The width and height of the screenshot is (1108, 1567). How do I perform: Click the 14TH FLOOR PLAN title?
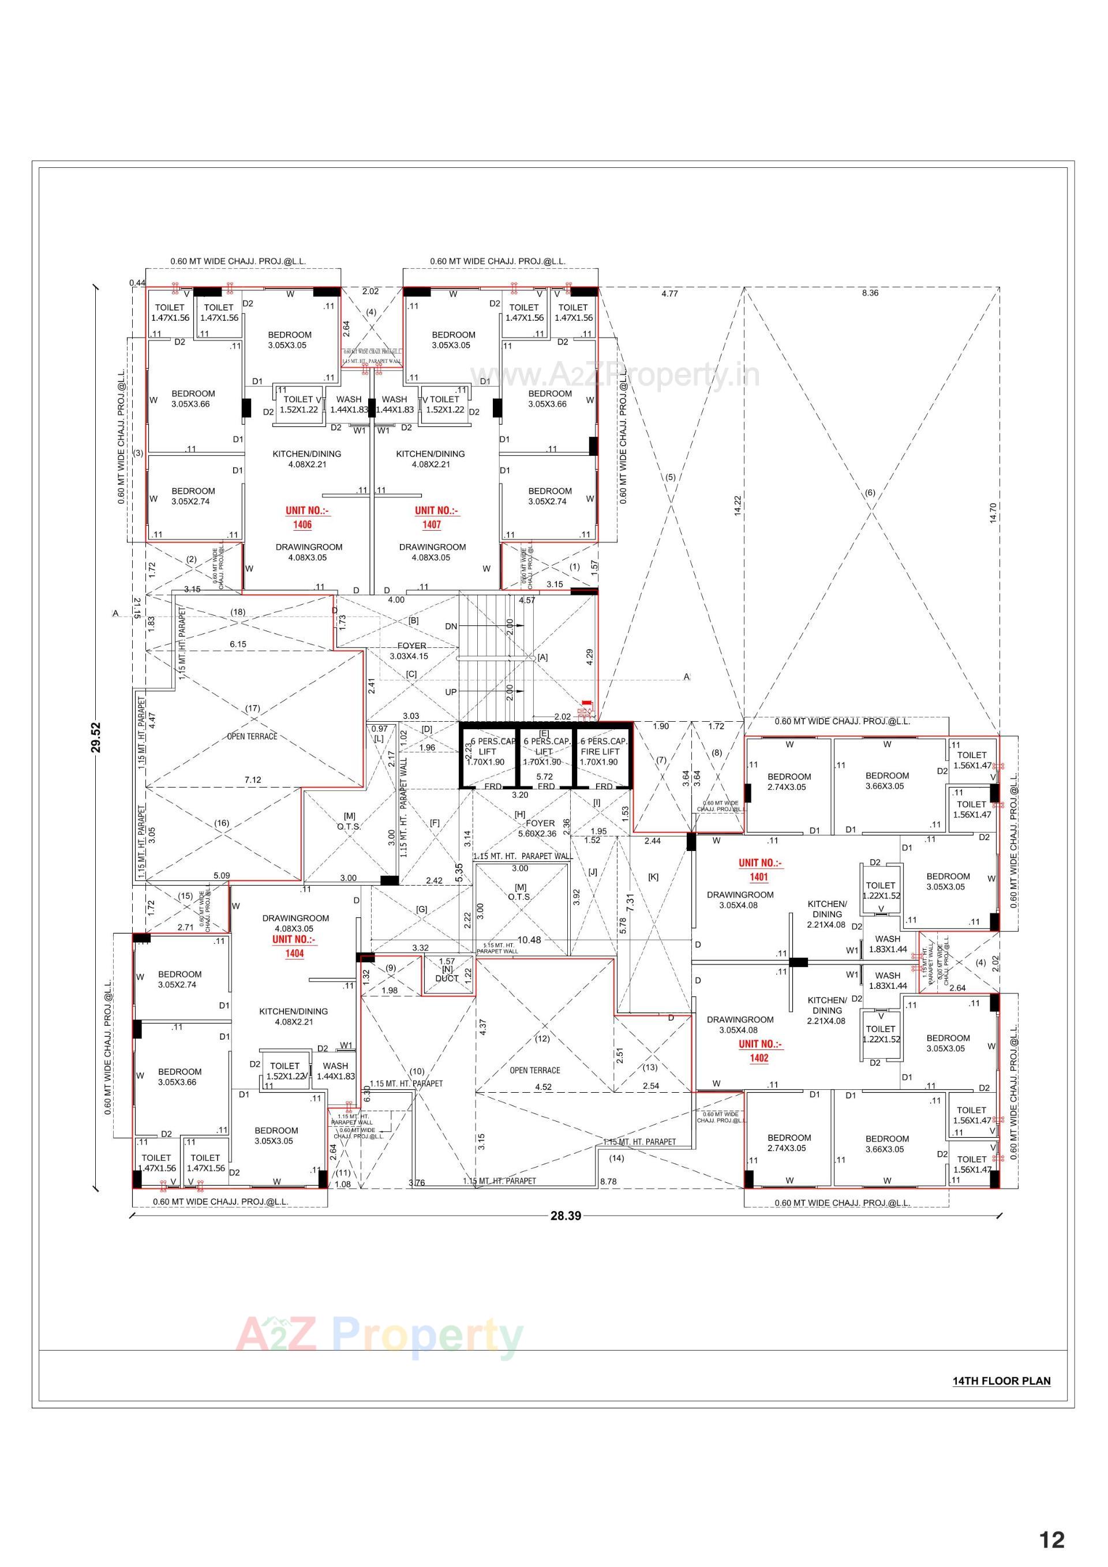tap(1001, 1381)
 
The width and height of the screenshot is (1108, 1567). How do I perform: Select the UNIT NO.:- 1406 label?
tap(302, 518)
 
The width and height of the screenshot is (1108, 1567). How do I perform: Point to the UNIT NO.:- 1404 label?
tap(294, 946)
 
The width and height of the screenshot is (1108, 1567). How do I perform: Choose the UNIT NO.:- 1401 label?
tap(758, 869)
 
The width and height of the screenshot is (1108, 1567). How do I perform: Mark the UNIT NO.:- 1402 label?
tap(758, 1051)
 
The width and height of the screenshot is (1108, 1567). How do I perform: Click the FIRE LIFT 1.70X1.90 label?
tap(600, 751)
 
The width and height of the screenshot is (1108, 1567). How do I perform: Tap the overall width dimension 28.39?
tap(566, 1215)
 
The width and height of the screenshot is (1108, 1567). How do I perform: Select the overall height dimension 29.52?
tap(96, 737)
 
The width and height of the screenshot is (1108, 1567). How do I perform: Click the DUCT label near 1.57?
tap(447, 978)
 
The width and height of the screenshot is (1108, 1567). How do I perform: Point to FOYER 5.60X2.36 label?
tap(541, 828)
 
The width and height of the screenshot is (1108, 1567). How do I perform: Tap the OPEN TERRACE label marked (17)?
tap(252, 736)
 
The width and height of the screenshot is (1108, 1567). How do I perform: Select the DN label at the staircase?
tap(451, 626)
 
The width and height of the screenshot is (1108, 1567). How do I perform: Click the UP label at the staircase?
tap(451, 691)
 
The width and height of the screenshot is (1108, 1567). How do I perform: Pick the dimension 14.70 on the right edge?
tap(993, 512)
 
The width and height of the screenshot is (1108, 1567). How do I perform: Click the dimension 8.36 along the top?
tap(870, 293)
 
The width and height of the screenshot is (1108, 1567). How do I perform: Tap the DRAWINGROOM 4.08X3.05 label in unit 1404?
tap(295, 923)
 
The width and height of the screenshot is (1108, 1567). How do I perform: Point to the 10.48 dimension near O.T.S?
tap(529, 940)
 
